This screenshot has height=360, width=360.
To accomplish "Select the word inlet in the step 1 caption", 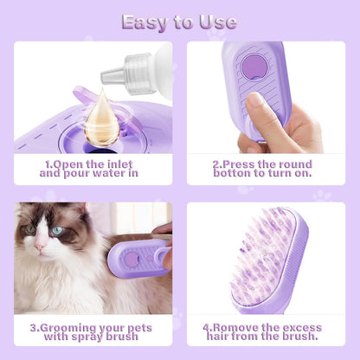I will point(123,162).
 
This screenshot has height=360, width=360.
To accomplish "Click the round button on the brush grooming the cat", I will point(131,259).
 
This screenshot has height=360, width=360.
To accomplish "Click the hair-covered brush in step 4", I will point(269,260).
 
